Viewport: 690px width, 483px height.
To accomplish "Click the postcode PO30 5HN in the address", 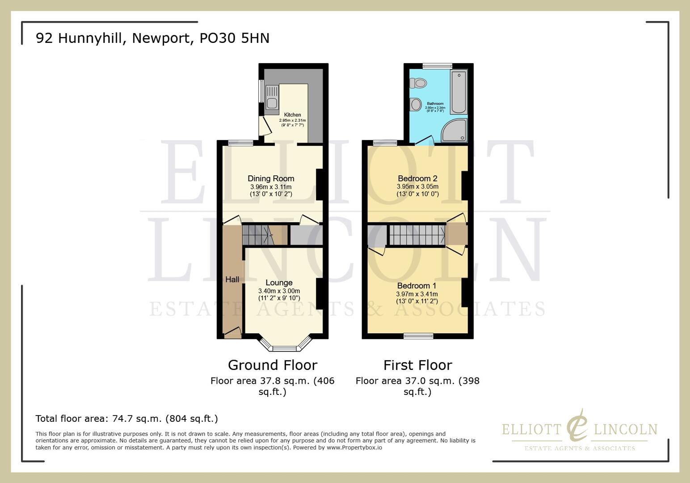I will pos(234,38).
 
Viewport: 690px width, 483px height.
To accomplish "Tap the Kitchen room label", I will pos(292,115).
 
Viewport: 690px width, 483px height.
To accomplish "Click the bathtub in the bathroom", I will pos(459,92).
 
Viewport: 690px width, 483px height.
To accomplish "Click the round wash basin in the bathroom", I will pos(416,105).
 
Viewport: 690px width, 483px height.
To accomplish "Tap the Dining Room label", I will pos(271,178).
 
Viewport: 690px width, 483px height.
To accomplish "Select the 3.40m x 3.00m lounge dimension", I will pos(279,291).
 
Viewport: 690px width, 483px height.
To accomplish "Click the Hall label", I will pos(232,280).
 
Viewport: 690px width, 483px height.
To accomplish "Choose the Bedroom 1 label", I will pos(417,286).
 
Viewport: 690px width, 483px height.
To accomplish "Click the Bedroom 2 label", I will pos(417,178).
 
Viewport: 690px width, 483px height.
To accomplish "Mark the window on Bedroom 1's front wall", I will pos(418,336).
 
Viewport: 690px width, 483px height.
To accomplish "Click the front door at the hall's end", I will pos(232,331).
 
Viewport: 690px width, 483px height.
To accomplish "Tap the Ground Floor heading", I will pos(273,365).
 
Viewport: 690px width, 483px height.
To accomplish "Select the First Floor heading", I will pos(417,365).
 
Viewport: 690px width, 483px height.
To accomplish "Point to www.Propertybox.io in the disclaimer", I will pos(354,447).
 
